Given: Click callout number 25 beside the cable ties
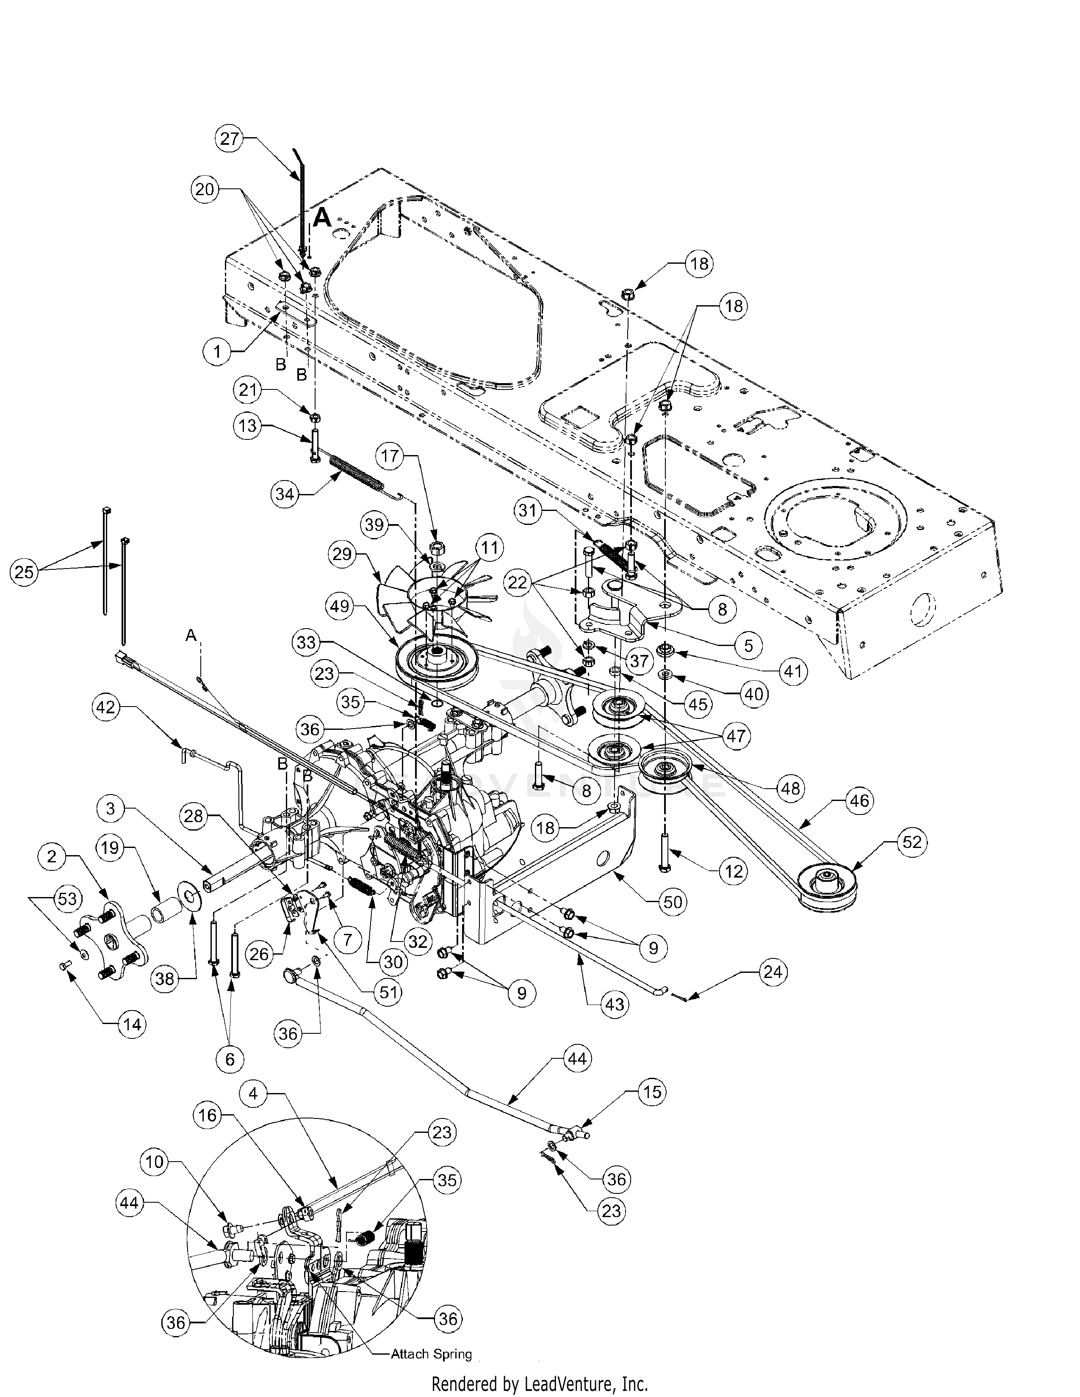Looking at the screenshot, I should point(24,572).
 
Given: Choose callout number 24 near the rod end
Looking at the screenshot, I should point(773,973).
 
